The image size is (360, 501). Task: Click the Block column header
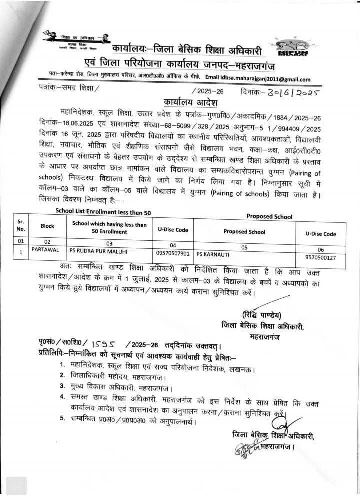point(47,226)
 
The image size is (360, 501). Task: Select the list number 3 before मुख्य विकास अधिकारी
point(62,386)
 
